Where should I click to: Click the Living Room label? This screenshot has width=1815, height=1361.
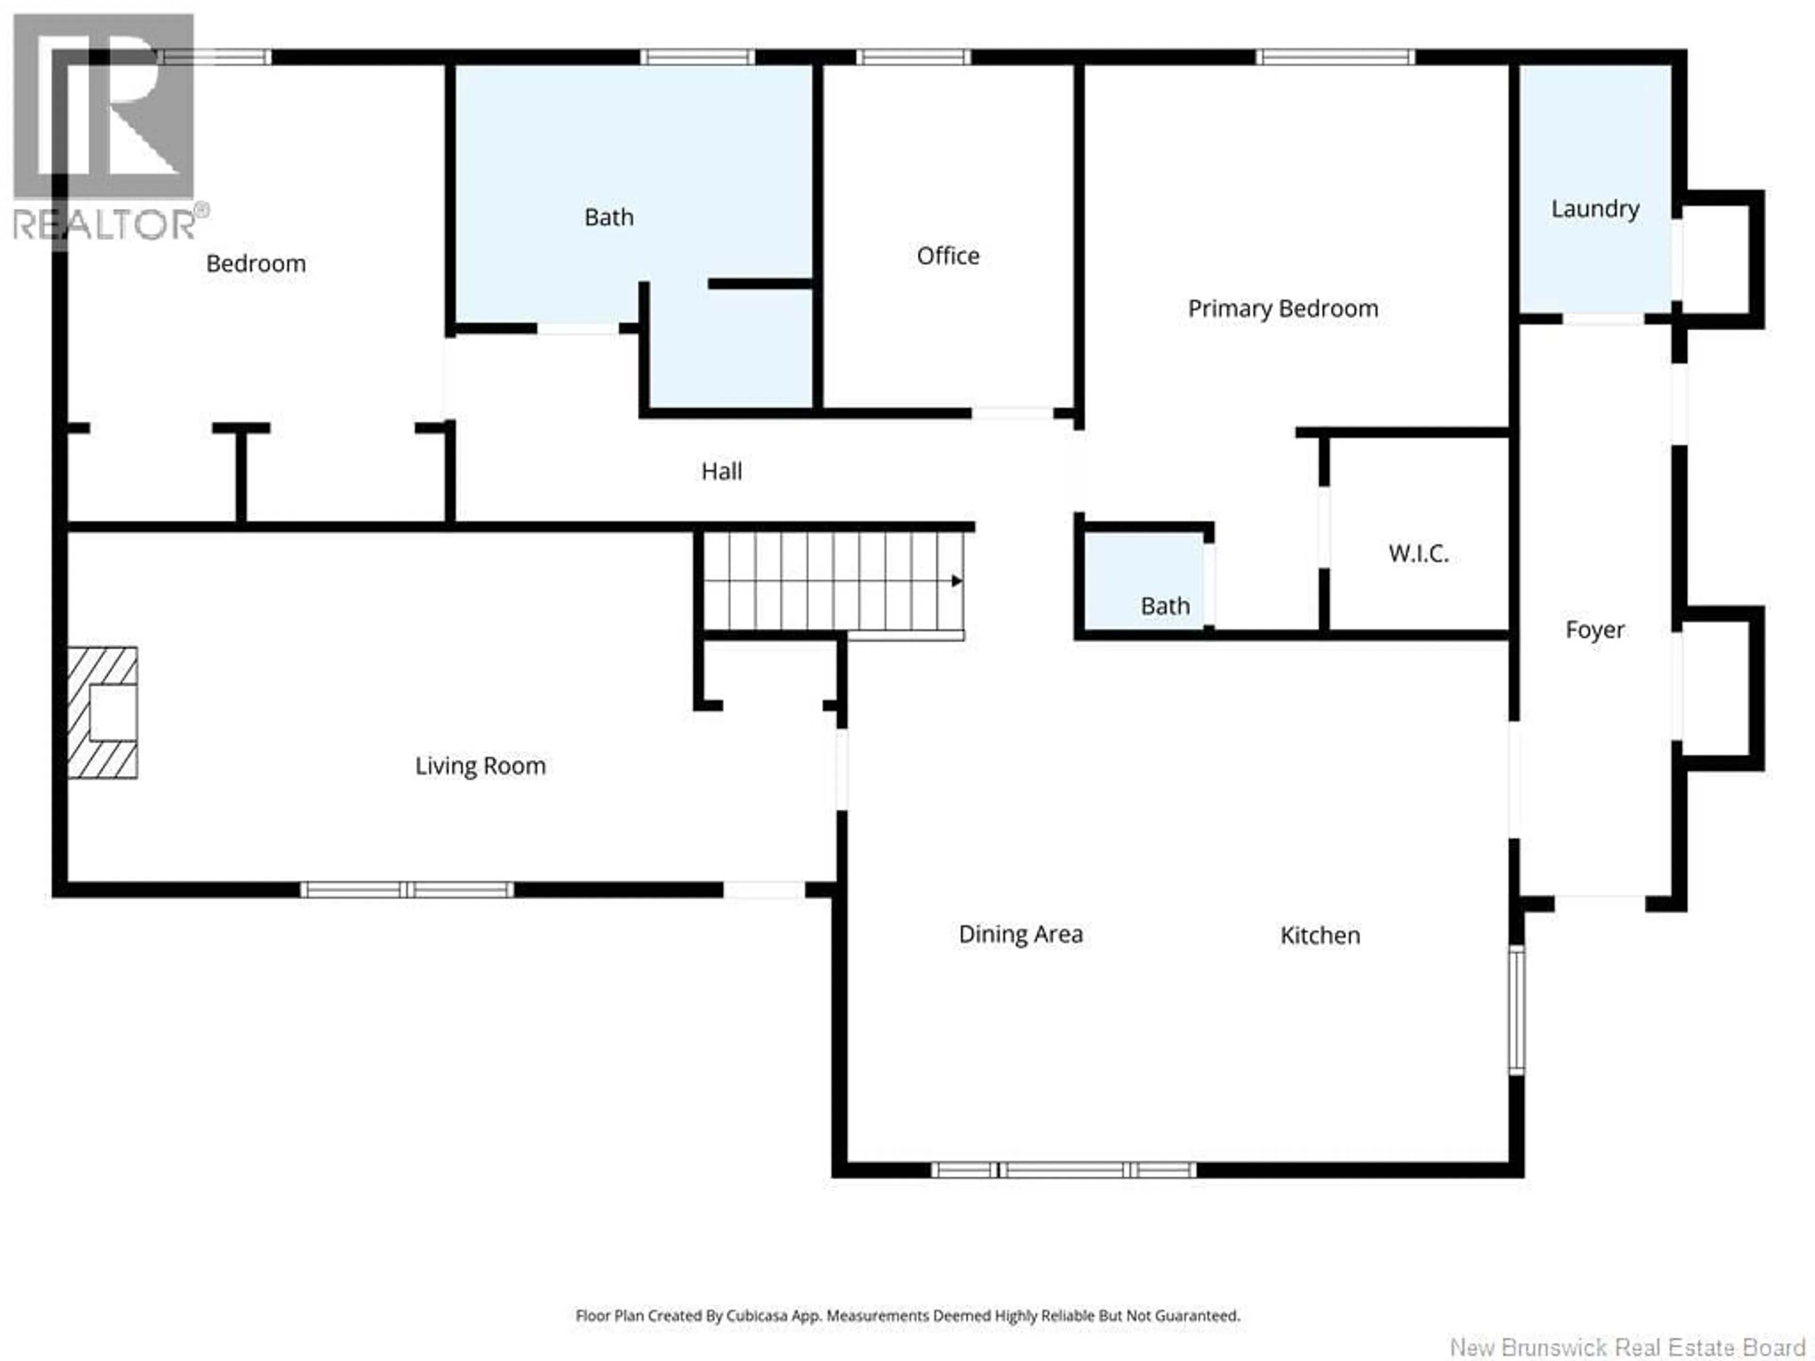480,766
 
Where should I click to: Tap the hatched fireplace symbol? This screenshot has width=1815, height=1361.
102,712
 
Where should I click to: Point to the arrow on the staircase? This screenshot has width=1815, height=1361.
956,581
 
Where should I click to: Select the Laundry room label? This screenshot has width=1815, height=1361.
1594,209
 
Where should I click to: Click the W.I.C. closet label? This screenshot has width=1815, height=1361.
1418,554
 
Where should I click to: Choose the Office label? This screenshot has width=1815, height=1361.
948,256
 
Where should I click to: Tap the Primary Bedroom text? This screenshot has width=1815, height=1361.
1282,309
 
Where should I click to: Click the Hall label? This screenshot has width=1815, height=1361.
721,472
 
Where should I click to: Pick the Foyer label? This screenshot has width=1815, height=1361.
1594,630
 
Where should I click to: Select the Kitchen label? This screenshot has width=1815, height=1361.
1319,935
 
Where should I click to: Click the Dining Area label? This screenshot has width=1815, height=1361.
1020,934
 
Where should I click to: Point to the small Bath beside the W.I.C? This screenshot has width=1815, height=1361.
1164,606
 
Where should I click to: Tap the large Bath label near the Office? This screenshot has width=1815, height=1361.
608,217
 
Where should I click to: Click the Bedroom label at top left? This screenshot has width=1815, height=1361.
255,264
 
